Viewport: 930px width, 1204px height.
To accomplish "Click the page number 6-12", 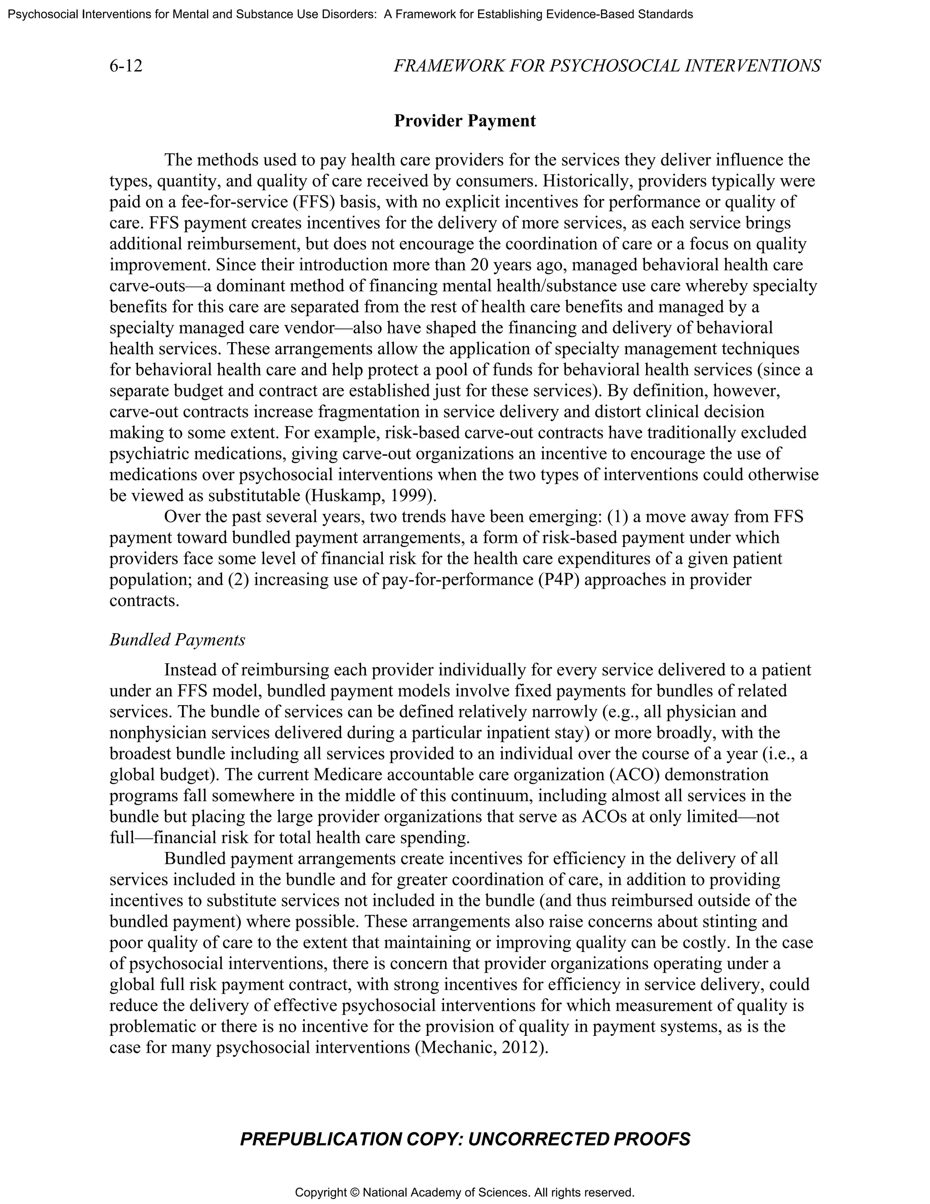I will (x=126, y=66).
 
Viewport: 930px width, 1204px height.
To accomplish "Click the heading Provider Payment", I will (x=465, y=121).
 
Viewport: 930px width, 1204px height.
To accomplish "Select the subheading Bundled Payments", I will (x=177, y=640).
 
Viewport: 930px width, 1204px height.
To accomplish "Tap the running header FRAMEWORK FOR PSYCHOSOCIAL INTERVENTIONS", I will (x=607, y=66).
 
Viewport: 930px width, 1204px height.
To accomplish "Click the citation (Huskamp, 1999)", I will (x=370, y=495).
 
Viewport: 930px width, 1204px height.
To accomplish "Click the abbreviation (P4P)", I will (x=558, y=579).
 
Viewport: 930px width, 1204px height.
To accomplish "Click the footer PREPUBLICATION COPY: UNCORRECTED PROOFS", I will (x=465, y=1139).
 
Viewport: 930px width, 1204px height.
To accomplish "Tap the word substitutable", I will (x=253, y=495).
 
